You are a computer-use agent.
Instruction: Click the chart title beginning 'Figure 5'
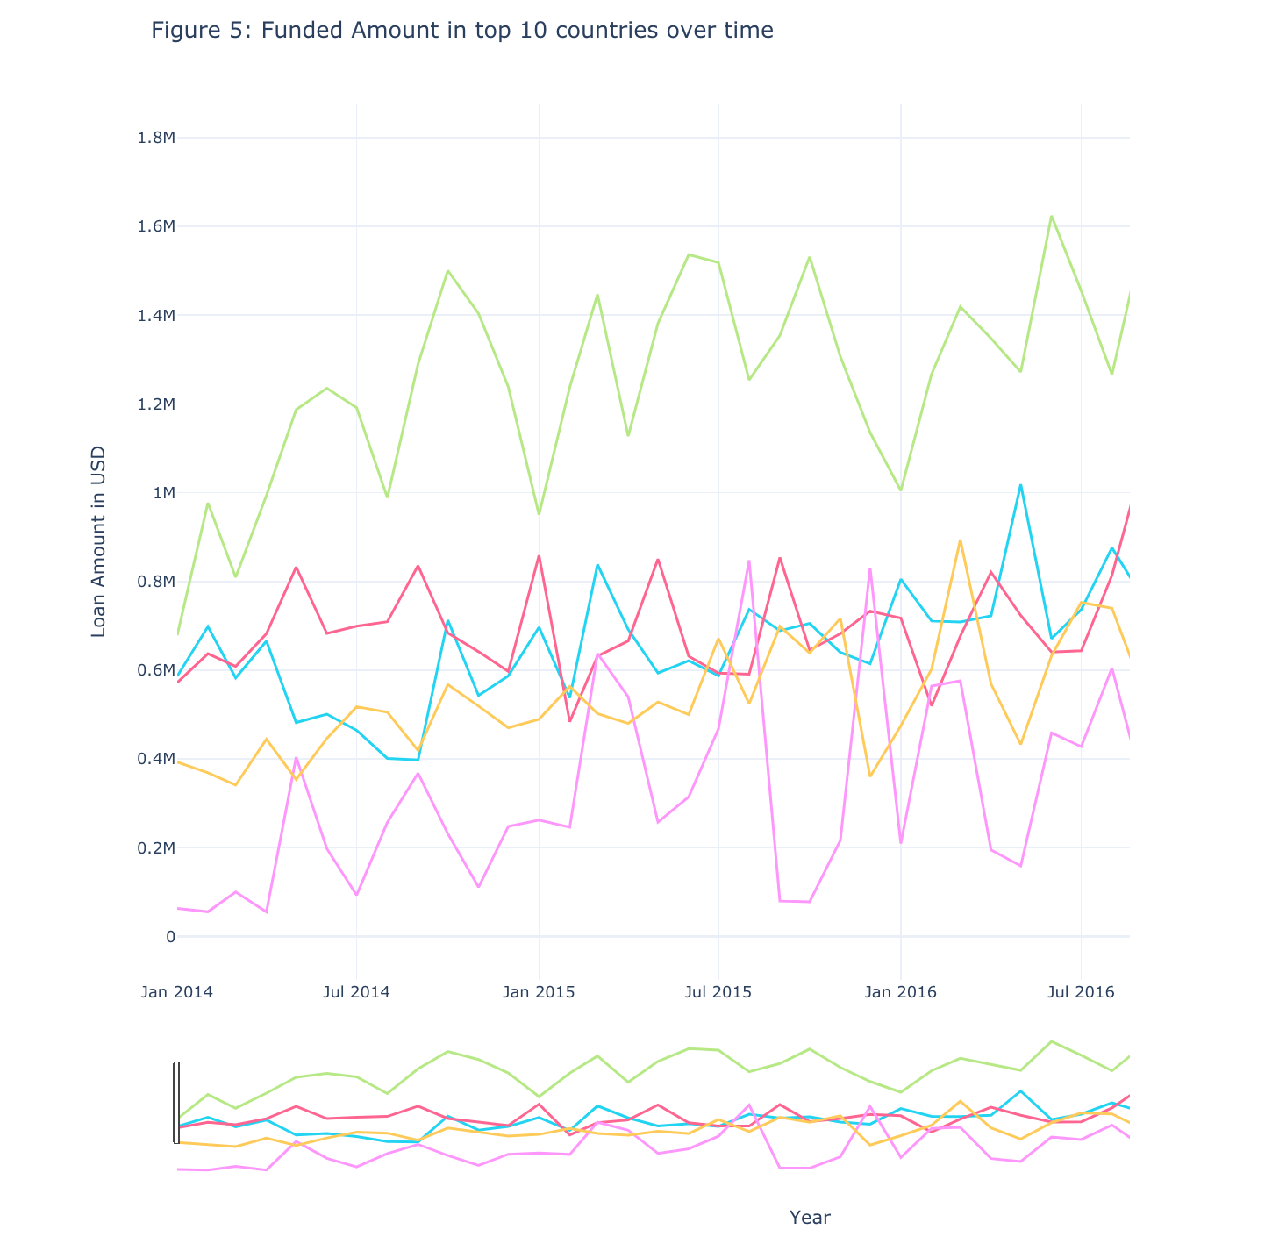pos(462,31)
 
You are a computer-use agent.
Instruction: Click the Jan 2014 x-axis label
pos(178,992)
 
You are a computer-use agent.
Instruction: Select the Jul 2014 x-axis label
pos(356,992)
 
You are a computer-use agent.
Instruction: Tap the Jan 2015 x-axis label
pos(539,992)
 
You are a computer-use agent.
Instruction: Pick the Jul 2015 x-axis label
pos(718,992)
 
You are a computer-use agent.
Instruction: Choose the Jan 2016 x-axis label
pos(900,992)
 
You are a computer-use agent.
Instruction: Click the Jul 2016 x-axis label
pos(1081,992)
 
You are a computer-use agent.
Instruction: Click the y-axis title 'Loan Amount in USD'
pos(98,541)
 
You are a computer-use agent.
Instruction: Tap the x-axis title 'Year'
pos(810,1218)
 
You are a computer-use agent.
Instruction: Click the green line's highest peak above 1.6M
pos(1051,216)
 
